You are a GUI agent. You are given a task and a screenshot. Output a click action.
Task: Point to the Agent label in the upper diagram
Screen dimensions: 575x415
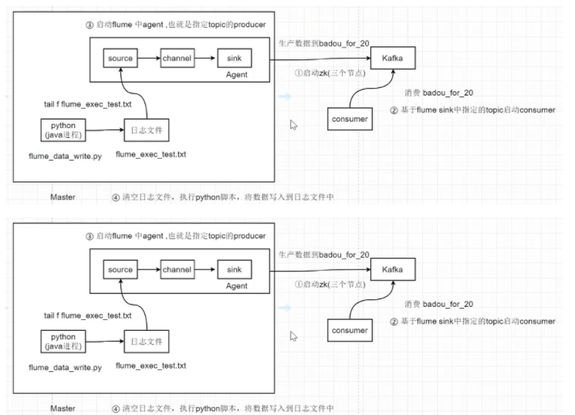(236, 74)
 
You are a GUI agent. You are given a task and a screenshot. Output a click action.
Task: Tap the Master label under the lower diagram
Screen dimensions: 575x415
(63, 408)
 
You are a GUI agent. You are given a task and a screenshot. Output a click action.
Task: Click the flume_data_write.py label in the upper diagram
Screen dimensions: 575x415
(66, 156)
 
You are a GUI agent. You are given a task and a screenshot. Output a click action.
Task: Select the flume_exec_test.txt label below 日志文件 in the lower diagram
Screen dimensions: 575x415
(151, 366)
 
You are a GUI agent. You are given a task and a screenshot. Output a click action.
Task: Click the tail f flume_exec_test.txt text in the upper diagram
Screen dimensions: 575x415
(88, 104)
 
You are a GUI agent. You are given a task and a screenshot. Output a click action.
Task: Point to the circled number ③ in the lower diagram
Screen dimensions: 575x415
(90, 237)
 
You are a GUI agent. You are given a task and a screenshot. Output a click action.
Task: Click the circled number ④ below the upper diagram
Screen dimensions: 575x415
(116, 197)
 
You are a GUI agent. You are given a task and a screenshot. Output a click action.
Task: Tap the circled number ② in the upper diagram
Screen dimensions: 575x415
(394, 110)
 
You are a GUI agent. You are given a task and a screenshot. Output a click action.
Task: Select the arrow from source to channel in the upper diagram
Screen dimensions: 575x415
(149, 58)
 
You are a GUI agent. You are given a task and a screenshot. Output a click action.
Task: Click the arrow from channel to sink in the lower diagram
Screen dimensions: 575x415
(205, 269)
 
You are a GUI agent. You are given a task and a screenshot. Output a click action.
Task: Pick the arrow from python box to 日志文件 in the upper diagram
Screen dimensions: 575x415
(105, 130)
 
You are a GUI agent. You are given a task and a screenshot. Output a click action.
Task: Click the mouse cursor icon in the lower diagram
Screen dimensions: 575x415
(293, 336)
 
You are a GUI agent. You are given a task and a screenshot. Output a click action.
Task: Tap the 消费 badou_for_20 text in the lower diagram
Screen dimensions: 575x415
(438, 304)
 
